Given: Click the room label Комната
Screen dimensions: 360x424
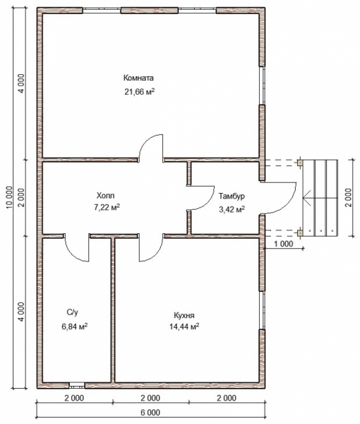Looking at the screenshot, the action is coord(138,78).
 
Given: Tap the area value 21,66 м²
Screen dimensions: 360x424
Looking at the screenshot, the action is coord(139,92).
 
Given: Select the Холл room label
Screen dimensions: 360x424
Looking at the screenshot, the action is coord(105,195).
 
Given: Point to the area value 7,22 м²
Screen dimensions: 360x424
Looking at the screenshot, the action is coord(107,207).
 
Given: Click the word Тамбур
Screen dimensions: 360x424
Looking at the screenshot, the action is coord(232,196).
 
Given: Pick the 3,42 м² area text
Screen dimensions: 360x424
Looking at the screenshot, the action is coord(232,209).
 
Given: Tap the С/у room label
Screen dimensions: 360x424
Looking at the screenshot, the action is coord(73,312).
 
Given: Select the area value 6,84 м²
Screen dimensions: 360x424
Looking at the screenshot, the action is coord(74,326).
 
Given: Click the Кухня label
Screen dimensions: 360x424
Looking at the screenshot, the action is coord(184,315).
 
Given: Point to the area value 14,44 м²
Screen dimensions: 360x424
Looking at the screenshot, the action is coord(184,326).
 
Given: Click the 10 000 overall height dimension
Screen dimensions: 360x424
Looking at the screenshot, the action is coord(9,198).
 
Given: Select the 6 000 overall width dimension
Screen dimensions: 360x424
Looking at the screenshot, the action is coord(150,413).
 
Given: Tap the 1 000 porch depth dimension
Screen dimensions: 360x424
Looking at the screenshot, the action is coord(284,244).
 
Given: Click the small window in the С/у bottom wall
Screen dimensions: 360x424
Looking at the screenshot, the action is coord(77,385).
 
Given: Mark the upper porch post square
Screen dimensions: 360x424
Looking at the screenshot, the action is coord(300,163).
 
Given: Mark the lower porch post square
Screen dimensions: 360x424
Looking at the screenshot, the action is coord(300,232).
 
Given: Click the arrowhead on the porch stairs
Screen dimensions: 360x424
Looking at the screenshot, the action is coord(306,198).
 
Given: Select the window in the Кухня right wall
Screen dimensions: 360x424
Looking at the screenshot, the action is coord(262,310).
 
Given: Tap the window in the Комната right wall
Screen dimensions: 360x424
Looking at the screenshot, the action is coord(262,86).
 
